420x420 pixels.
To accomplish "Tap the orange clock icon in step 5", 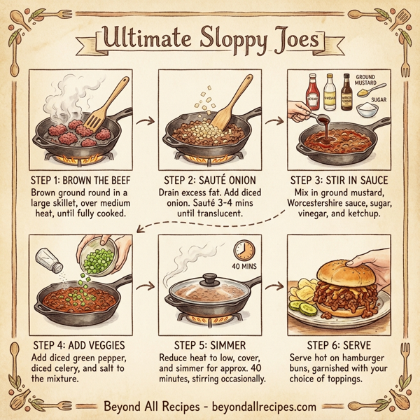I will coord(244,251).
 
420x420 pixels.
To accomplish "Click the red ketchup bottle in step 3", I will coord(313,93).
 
